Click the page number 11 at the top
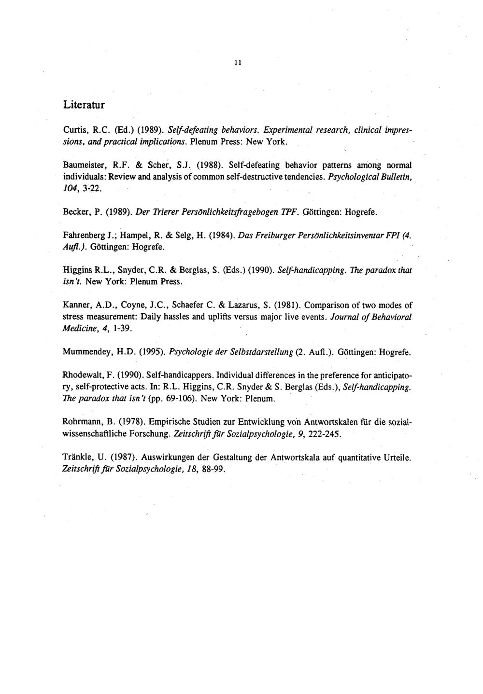click(238, 63)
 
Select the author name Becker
click(75, 212)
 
